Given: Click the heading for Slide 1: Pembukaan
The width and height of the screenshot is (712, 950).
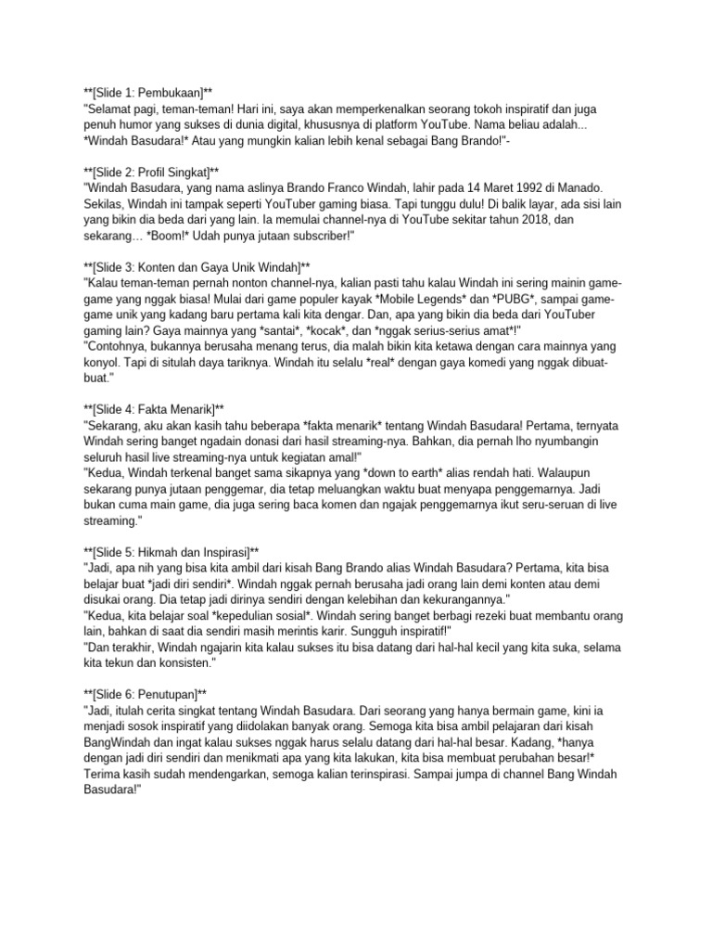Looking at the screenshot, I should (x=147, y=92).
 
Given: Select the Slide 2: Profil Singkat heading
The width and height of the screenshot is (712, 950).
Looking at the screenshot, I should (x=150, y=173).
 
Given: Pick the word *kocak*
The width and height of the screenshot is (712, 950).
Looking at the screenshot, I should (x=299, y=331).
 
